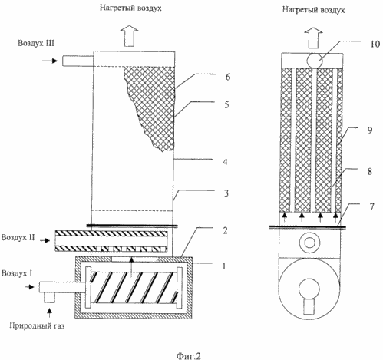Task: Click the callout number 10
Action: tap(375, 44)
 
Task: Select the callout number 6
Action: tap(228, 77)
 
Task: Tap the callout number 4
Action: tap(225, 162)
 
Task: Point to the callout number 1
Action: tap(224, 266)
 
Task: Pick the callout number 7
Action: tap(372, 206)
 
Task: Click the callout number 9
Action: tap(370, 130)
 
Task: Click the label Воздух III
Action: tap(36, 43)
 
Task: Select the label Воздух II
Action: tap(18, 237)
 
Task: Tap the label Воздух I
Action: tap(17, 273)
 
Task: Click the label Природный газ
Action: tap(37, 325)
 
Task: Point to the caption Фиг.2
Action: tap(188, 355)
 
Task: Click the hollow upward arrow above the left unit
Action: tap(130, 36)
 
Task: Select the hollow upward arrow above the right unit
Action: tap(313, 38)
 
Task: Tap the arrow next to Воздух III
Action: tap(50, 61)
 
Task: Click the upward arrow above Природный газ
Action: tap(50, 313)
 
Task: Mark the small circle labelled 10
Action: tap(315, 61)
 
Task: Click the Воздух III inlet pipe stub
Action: tap(78, 61)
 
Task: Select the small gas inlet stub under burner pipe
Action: tap(50, 297)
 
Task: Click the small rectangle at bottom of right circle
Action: tap(309, 307)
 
